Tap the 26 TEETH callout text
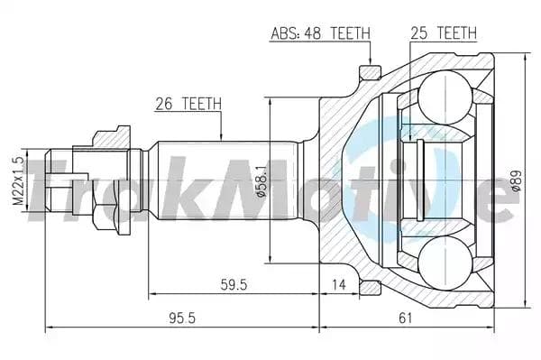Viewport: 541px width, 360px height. [188, 103]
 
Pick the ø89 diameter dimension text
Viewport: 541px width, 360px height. [517, 180]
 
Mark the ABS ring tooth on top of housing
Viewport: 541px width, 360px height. [366, 71]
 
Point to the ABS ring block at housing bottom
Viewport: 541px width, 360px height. [367, 286]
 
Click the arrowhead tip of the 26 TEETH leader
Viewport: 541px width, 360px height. [221, 139]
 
